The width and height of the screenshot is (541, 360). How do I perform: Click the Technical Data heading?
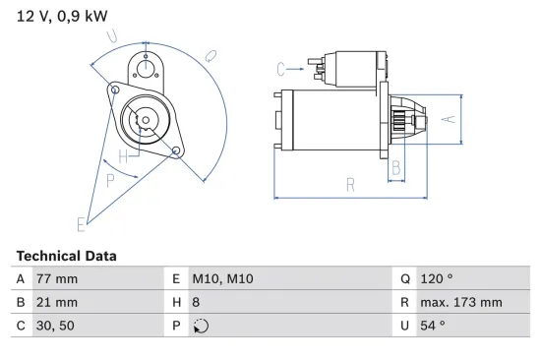coord(66,256)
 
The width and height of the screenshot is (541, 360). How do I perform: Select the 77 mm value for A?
coord(57,279)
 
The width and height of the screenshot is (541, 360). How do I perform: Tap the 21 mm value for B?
coord(57,303)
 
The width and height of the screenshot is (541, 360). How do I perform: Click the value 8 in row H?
coord(195,303)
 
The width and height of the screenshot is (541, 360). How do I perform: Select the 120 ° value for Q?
coord(438,279)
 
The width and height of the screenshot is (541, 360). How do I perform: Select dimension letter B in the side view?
coord(396,167)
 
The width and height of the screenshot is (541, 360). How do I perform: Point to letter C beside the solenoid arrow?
coord(281,68)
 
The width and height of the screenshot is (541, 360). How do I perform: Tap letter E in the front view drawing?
coord(83,224)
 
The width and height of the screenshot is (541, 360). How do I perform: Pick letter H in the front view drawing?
coord(123,156)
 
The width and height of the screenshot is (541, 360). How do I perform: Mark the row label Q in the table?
coord(404,279)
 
